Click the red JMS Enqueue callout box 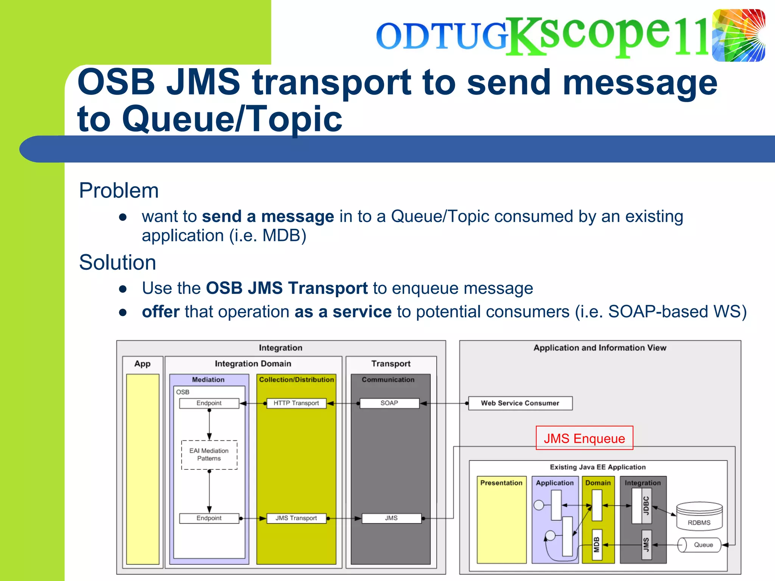coord(584,438)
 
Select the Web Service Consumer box coord(520,403)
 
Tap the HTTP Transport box coord(296,403)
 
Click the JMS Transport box coord(296,518)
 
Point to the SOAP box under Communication coord(389,403)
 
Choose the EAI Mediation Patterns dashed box coord(209,455)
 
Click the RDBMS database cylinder coord(699,516)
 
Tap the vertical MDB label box coord(597,545)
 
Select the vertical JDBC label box coord(646,505)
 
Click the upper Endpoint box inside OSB coord(209,403)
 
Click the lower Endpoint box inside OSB coord(209,518)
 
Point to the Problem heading coord(119,190)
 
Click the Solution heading coord(117,262)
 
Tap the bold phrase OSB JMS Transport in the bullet coord(286,288)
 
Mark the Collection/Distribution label coord(296,379)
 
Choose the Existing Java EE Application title coord(598,467)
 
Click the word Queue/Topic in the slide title coord(232,119)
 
